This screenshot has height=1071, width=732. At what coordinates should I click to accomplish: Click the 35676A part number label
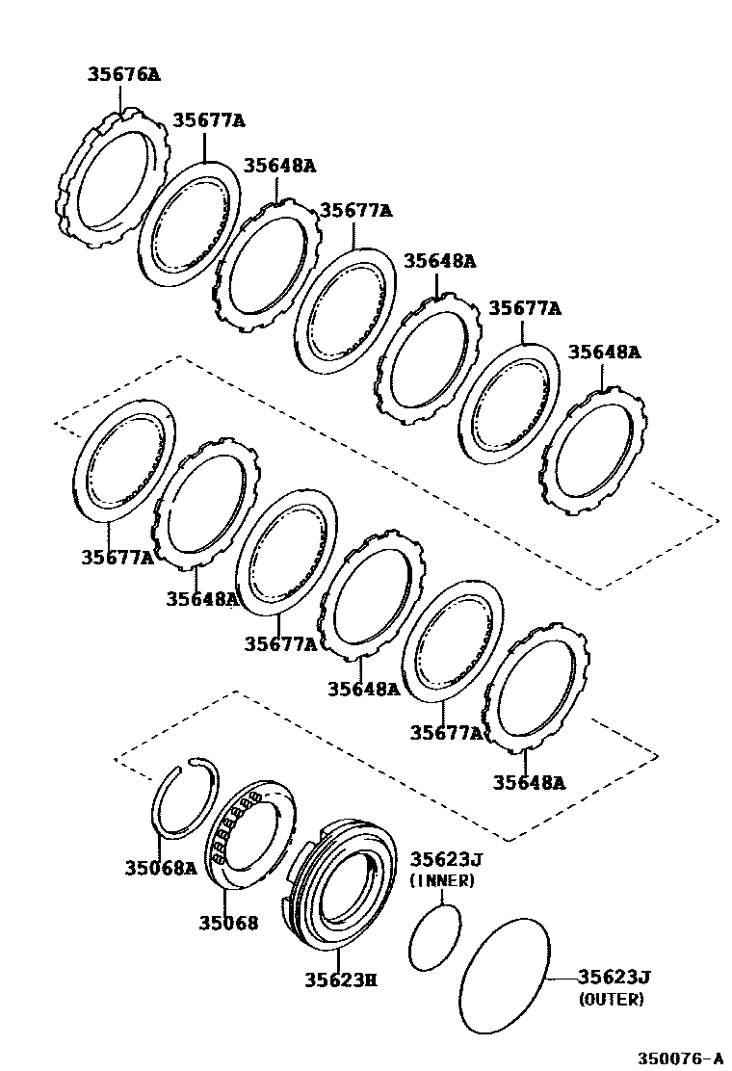pyautogui.click(x=123, y=74)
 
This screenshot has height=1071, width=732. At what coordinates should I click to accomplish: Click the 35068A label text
pyautogui.click(x=160, y=868)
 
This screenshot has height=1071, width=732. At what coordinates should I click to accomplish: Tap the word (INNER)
pyautogui.click(x=442, y=880)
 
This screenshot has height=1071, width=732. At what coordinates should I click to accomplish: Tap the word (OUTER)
pyautogui.click(x=612, y=1000)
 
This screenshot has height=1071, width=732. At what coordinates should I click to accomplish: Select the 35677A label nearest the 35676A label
pyautogui.click(x=209, y=120)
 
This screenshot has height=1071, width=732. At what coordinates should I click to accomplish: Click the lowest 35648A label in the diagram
pyautogui.click(x=530, y=782)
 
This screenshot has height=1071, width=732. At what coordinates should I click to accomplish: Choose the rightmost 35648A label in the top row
pyautogui.click(x=604, y=353)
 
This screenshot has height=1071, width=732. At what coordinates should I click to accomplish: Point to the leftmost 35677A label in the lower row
pyautogui.click(x=117, y=557)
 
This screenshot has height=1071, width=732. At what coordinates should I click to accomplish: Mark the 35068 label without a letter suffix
pyautogui.click(x=228, y=923)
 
